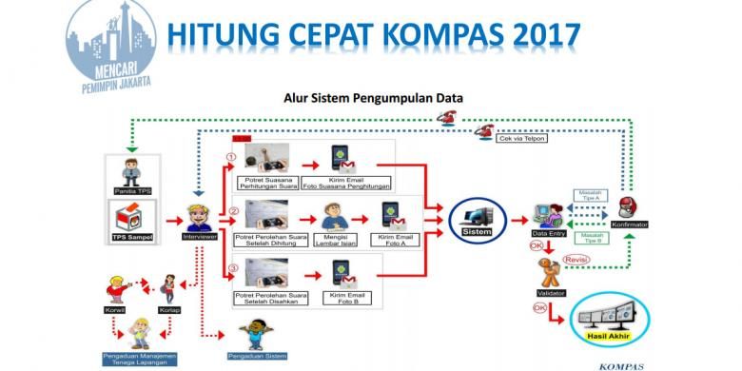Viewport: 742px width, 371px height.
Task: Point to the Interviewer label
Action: (x=200, y=236)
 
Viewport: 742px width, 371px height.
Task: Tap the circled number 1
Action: (x=230, y=157)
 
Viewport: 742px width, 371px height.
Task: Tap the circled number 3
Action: (x=230, y=268)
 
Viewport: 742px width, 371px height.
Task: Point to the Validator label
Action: (x=551, y=293)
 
